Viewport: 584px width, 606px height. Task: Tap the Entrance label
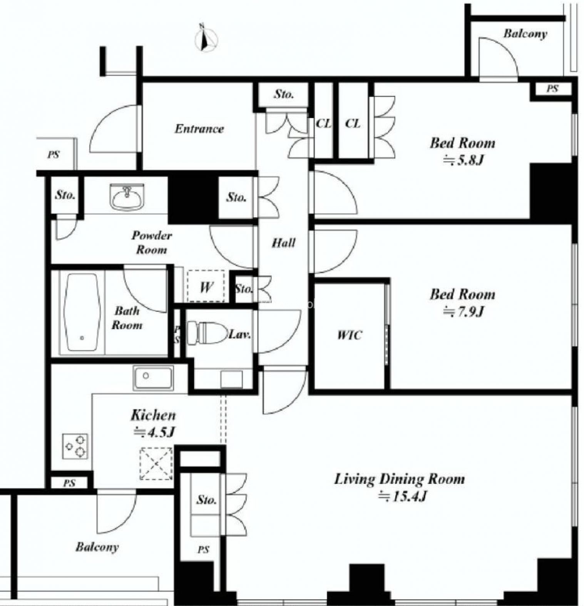(x=199, y=128)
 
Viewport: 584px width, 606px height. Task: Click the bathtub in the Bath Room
(x=82, y=312)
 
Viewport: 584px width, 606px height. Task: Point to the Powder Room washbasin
(x=127, y=196)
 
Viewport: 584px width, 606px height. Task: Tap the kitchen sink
(x=153, y=377)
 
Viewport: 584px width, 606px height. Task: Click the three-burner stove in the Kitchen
(x=75, y=446)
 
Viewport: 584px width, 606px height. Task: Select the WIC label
(x=350, y=335)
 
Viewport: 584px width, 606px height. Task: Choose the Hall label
(x=284, y=243)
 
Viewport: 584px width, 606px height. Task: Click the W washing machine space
(x=206, y=286)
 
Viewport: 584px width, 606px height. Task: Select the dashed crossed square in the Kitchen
(x=156, y=463)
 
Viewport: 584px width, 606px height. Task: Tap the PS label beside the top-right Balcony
(x=552, y=89)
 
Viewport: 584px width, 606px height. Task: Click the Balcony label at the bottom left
(x=97, y=547)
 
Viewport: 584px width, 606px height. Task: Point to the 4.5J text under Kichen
(x=154, y=432)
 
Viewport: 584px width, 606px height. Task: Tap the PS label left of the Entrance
(x=54, y=155)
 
